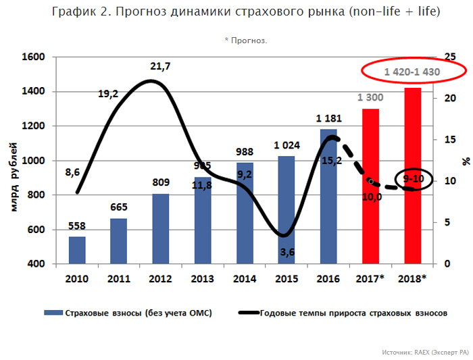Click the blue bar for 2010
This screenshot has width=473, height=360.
click(x=77, y=250)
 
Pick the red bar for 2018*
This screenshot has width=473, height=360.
click(x=412, y=176)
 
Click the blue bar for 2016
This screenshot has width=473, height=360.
click(x=328, y=196)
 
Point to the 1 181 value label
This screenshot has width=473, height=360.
click(x=328, y=119)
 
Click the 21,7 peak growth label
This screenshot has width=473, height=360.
click(x=160, y=66)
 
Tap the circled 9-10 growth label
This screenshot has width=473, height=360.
click(x=413, y=179)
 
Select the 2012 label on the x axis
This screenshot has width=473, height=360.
click(x=160, y=278)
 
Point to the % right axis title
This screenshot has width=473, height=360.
click(x=465, y=161)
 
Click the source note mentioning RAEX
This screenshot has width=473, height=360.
click(x=424, y=352)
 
